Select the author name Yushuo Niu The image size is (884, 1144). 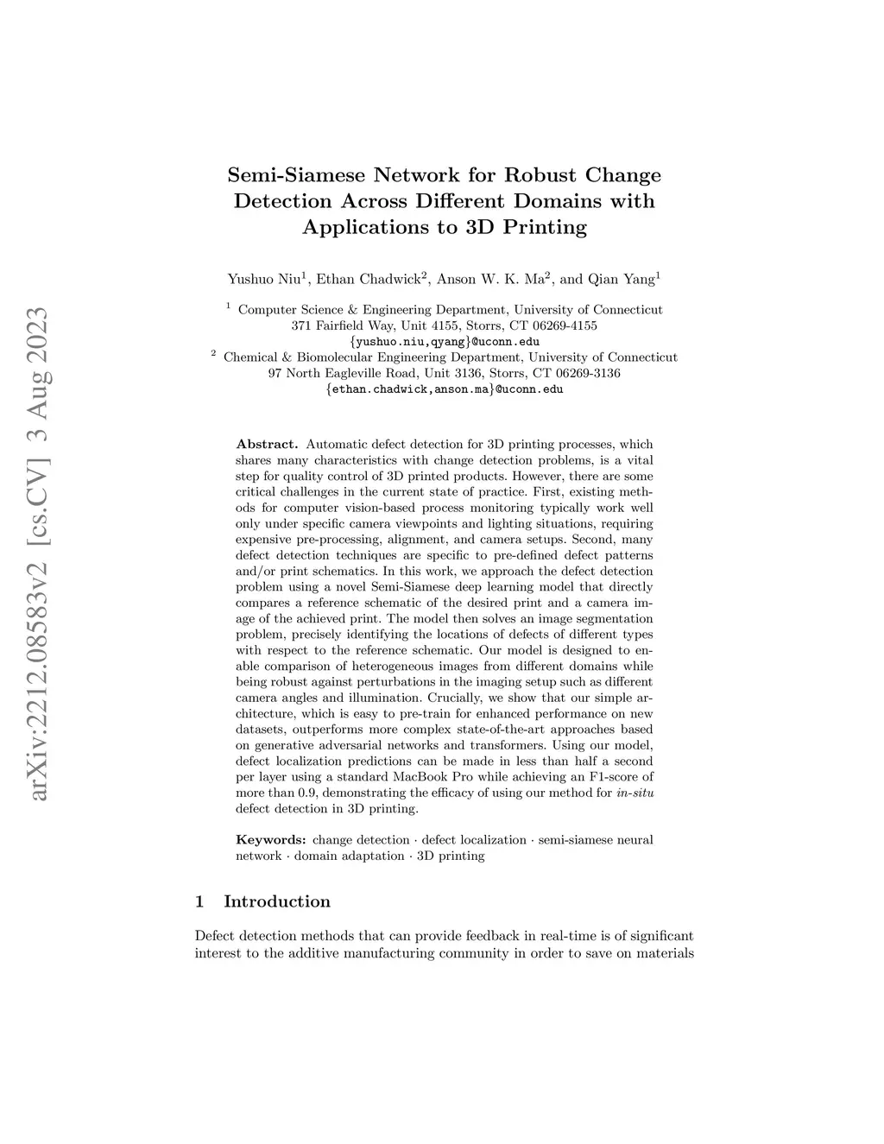coord(262,279)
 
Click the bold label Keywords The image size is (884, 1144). coord(271,839)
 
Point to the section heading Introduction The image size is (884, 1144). coord(277,901)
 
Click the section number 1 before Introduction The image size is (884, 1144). coord(200,901)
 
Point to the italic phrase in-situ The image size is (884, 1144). coord(635,793)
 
